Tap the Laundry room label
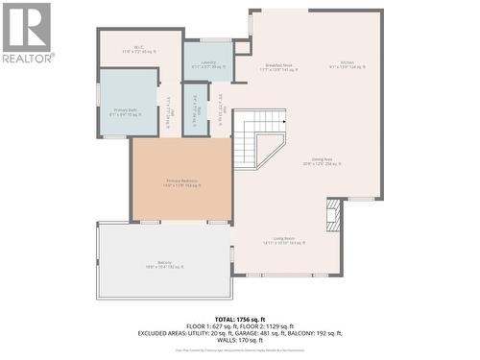pyautogui.click(x=208, y=63)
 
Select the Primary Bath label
pyautogui.click(x=128, y=112)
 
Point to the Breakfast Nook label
pyautogui.click(x=281, y=67)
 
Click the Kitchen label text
pyautogui.click(x=348, y=63)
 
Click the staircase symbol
pyautogui.click(x=259, y=137)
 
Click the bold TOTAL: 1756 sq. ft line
pyautogui.click(x=240, y=318)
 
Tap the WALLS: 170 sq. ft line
pyautogui.click(x=240, y=341)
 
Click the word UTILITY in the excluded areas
pyautogui.click(x=191, y=333)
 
